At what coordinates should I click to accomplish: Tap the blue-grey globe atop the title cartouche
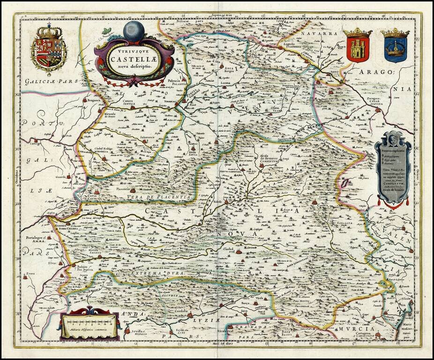pyautogui.click(x=134, y=31)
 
